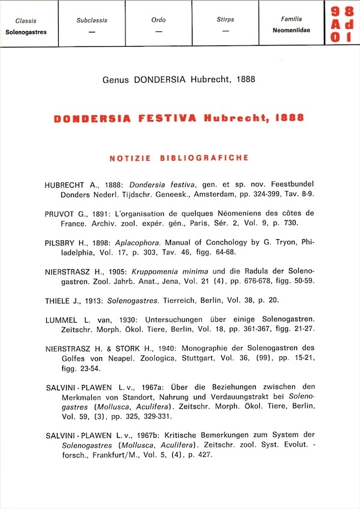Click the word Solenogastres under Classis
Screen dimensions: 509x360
tap(26, 32)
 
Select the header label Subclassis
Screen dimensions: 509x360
tap(92, 20)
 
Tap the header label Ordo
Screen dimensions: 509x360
tap(158, 20)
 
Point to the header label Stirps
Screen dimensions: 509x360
tap(225, 20)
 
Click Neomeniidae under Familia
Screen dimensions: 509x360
tap(291, 31)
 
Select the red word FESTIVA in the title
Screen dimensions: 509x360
tap(167, 118)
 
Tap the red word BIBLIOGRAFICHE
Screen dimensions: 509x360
tap(205, 158)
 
